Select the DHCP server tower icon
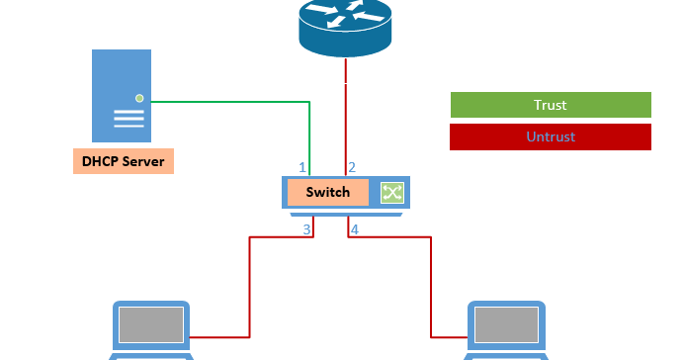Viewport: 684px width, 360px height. click(123, 96)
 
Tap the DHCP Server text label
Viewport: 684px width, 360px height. click(123, 161)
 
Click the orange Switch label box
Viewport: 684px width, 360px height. click(327, 192)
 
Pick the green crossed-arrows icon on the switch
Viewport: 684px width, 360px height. click(392, 192)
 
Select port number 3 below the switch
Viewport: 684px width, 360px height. click(306, 229)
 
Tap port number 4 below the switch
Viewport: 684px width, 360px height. click(354, 229)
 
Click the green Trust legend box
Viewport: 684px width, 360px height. click(551, 105)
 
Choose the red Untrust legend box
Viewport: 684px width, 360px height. click(551, 136)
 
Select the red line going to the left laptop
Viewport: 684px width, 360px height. click(249, 287)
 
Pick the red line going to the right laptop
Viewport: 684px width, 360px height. click(433, 287)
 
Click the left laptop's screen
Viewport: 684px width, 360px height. click(151, 324)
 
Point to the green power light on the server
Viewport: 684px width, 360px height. click(139, 98)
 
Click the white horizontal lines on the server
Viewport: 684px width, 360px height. click(128, 119)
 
